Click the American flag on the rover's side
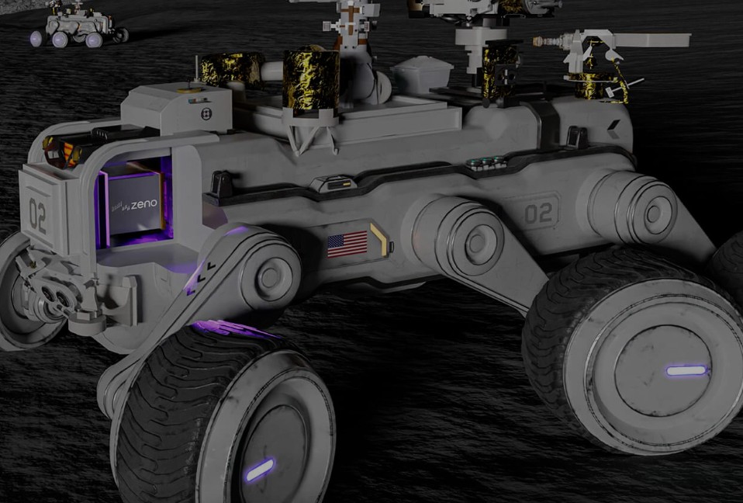(x=347, y=245)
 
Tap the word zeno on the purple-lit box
(x=144, y=205)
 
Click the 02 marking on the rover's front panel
(x=38, y=216)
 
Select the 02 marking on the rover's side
(x=538, y=213)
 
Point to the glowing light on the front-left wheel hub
(x=259, y=470)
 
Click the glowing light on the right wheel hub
(x=686, y=370)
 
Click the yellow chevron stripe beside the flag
(x=379, y=239)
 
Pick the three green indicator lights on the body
(x=485, y=162)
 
